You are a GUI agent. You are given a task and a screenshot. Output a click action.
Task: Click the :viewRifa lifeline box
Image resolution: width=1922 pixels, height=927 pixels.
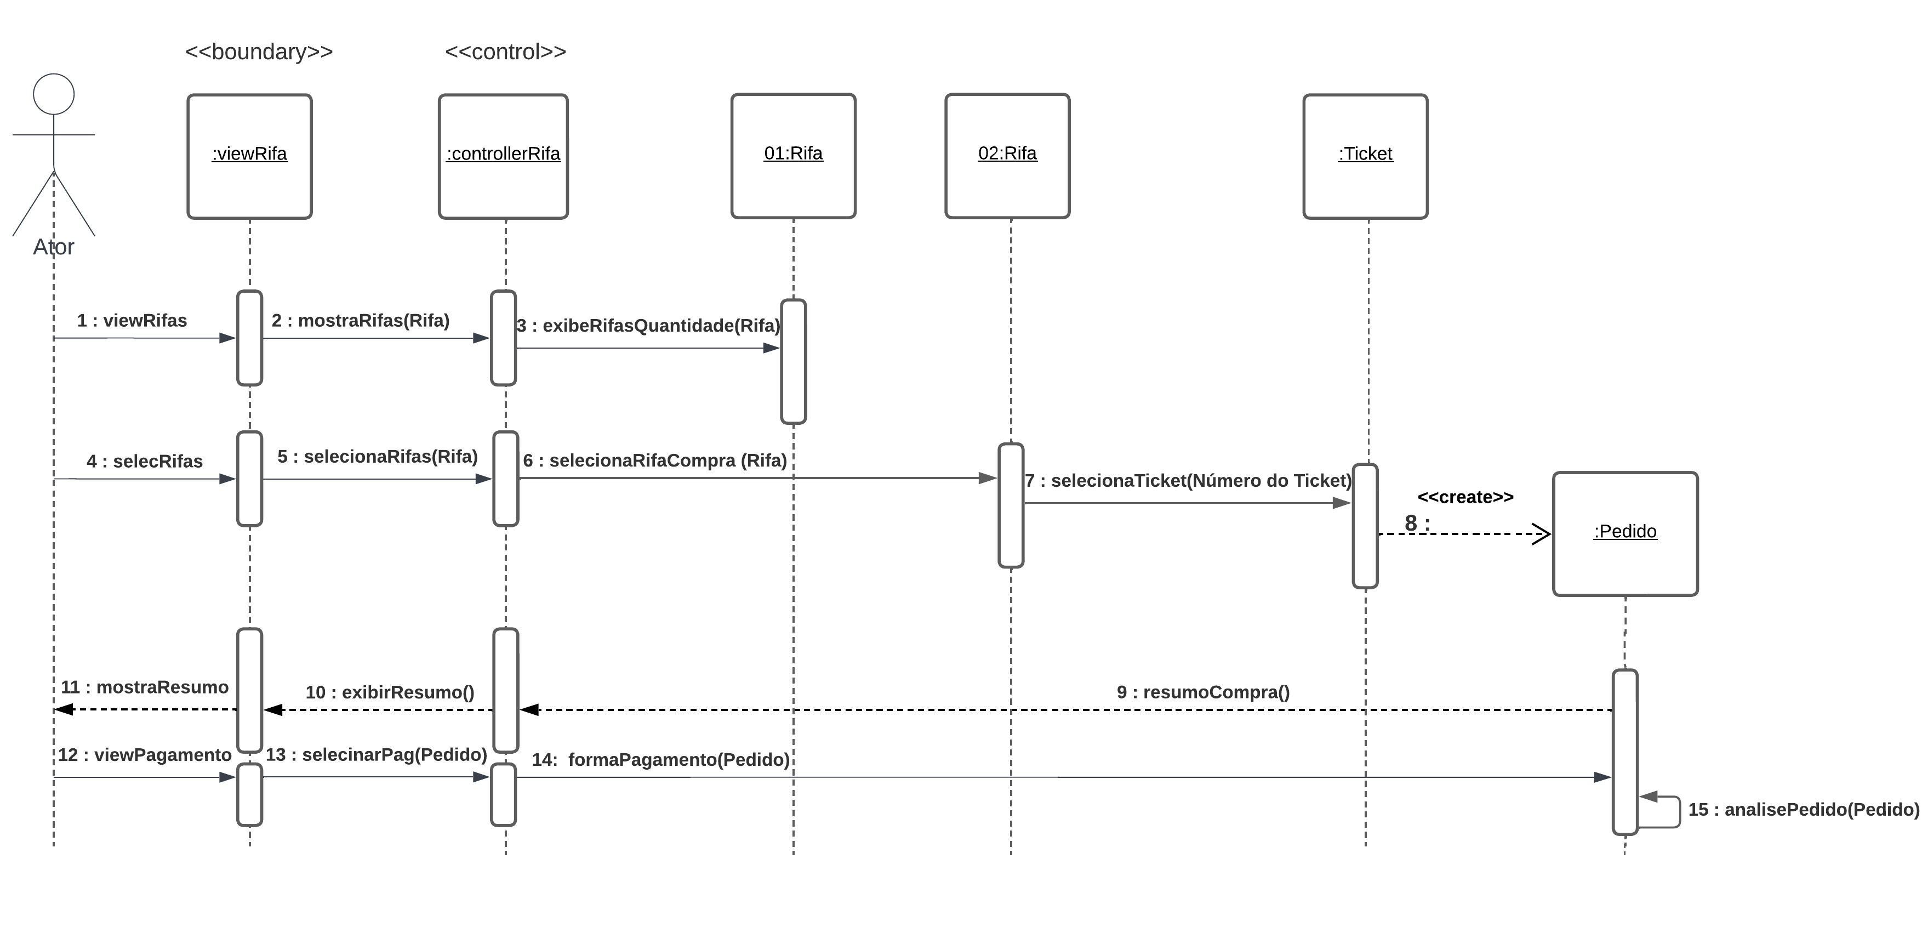[249, 156]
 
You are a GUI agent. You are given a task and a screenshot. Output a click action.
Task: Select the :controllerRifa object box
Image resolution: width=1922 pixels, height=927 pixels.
[503, 156]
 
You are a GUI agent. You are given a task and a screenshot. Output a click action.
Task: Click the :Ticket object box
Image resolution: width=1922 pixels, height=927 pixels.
[1365, 156]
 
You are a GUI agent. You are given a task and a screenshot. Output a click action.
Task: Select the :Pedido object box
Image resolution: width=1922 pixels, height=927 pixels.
[1625, 533]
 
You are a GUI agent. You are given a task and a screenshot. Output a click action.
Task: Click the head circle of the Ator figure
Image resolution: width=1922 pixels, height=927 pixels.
[54, 94]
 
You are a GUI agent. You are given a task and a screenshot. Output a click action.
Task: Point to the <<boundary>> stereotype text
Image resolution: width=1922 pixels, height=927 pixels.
[259, 52]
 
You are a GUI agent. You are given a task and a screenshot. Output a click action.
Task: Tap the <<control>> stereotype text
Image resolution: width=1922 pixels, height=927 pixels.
[505, 52]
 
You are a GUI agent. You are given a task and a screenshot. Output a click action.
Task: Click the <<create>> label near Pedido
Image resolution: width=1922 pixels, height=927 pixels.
[1465, 497]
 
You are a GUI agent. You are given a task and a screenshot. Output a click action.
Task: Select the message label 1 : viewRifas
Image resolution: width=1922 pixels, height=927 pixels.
[132, 320]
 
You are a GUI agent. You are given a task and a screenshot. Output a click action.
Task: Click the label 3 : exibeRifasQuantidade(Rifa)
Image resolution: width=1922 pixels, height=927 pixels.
[648, 326]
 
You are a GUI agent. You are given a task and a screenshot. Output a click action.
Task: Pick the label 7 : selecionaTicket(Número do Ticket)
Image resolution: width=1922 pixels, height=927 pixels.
[1188, 481]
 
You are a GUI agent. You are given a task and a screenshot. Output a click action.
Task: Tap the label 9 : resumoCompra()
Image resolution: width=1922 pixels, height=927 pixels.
[1203, 692]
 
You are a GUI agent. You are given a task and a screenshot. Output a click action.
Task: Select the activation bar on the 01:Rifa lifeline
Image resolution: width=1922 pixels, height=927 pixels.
[793, 362]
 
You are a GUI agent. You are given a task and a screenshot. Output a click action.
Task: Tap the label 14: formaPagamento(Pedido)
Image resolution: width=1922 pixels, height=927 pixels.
[660, 760]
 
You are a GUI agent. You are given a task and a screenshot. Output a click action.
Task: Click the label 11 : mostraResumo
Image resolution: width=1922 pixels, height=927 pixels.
[145, 687]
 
